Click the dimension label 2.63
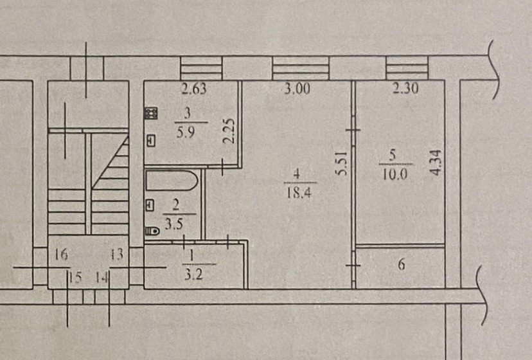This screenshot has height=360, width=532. (x=193, y=89)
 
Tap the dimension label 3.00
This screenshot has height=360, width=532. (x=297, y=89)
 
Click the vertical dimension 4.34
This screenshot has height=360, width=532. (x=437, y=163)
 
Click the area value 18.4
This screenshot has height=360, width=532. (x=297, y=192)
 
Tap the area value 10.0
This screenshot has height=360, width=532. (x=393, y=174)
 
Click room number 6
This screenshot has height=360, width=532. (x=401, y=264)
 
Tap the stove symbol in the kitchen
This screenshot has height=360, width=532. (x=152, y=114)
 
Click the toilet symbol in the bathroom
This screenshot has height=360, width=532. (x=152, y=231)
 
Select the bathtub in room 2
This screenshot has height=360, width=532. (x=170, y=179)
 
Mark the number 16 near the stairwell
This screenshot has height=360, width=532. (x=61, y=255)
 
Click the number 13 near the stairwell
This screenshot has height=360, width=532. (x=116, y=255)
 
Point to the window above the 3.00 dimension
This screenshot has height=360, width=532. (x=300, y=67)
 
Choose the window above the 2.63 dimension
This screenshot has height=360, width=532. (x=200, y=67)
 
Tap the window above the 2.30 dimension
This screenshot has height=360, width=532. (x=407, y=67)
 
